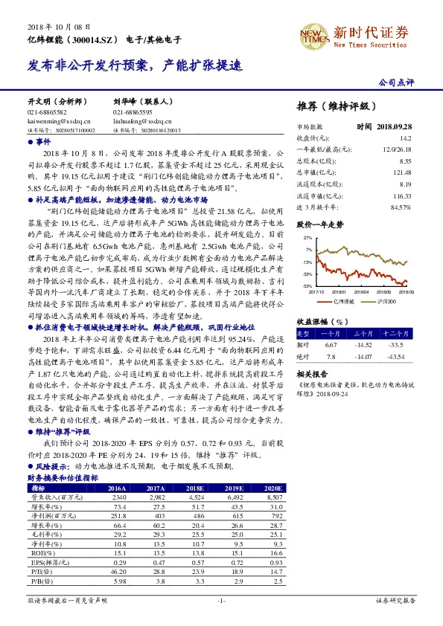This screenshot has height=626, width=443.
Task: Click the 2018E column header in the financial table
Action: click(196, 488)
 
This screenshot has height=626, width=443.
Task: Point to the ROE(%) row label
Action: click(39, 551)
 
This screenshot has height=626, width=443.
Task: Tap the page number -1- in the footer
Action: click(220, 601)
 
